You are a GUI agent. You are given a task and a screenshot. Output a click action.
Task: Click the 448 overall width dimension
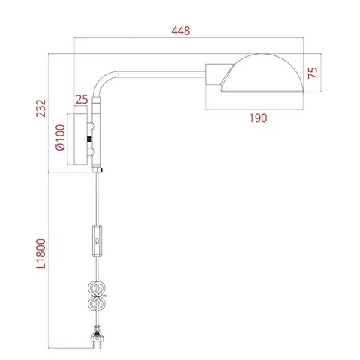coord(180,31)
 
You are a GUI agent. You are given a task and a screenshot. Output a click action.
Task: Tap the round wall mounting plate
coord(80,141)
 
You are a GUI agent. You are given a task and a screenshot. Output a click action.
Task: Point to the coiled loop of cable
coord(96,297)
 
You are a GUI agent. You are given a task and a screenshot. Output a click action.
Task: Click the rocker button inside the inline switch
coord(97,239)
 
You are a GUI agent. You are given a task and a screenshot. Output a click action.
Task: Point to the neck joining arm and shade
coord(215,74)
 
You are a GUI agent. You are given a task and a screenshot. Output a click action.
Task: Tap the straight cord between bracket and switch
coord(97,199)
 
